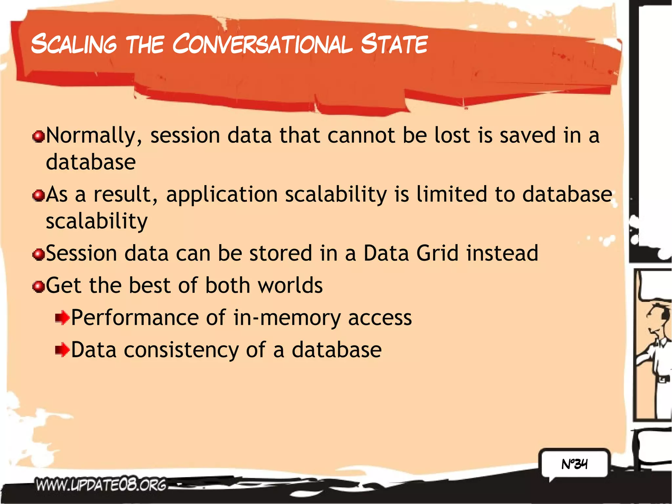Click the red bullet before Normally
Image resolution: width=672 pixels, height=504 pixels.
point(39,136)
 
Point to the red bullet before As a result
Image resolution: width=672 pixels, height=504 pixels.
point(39,196)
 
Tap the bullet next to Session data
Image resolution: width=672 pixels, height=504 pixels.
point(39,254)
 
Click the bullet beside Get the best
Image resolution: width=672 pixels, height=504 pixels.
point(39,286)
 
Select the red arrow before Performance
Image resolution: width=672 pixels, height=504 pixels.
point(62,318)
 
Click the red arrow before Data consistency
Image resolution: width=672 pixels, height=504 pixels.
point(62,350)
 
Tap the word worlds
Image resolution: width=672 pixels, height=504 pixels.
point(290,285)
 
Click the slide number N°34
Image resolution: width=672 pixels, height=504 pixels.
point(574,464)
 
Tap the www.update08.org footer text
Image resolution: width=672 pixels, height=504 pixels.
point(101,485)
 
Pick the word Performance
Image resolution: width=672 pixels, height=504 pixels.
point(135,318)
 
